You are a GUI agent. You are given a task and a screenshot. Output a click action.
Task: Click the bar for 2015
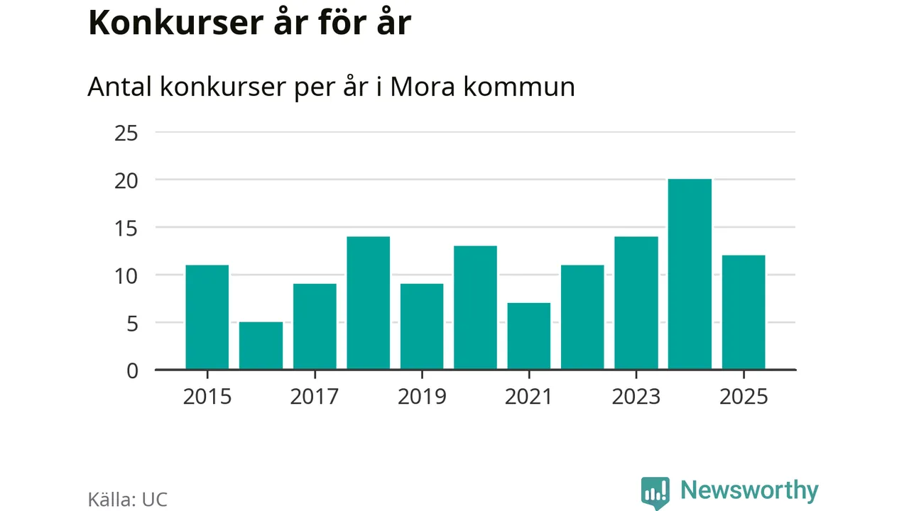(x=207, y=317)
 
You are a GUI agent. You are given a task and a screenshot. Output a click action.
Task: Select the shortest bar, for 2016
(x=261, y=346)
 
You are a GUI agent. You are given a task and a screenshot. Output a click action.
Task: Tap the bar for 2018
(x=368, y=303)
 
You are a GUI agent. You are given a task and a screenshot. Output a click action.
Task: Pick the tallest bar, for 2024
(x=690, y=275)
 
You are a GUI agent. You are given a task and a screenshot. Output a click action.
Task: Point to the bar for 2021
(x=529, y=336)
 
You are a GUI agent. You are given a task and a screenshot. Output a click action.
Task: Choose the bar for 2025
(x=744, y=312)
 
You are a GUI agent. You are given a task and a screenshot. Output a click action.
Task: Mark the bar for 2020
(x=475, y=308)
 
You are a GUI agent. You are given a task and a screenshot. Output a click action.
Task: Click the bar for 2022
(x=582, y=317)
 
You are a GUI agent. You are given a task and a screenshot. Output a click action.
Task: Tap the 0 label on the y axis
(x=131, y=370)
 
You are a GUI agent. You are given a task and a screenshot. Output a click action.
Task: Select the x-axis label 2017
(x=314, y=396)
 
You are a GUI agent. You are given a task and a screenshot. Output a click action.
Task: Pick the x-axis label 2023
(x=636, y=396)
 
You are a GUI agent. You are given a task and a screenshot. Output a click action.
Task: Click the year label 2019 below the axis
(x=422, y=396)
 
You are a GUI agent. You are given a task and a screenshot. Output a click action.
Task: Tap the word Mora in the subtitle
(x=419, y=87)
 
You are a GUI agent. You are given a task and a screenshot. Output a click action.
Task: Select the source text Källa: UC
(x=128, y=499)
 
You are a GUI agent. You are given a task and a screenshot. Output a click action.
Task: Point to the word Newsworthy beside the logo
(x=749, y=490)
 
